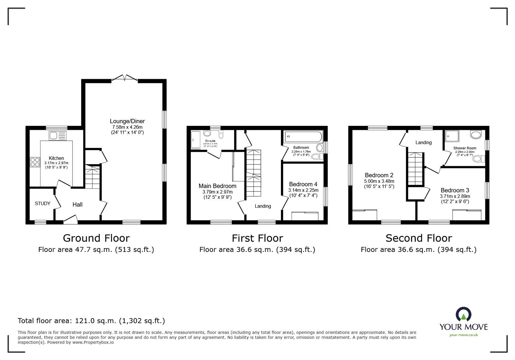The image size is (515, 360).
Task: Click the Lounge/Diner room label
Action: point(127,121)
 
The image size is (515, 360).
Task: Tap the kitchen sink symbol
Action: point(58,136)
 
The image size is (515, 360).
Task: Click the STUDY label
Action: point(42,204)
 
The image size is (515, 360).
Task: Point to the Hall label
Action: point(77,205)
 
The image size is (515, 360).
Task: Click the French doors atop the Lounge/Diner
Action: point(125,78)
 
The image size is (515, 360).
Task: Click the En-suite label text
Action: point(210,141)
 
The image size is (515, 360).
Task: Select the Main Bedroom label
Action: point(217,186)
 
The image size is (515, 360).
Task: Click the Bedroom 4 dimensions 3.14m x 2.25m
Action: point(303,190)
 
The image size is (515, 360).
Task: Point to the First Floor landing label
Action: point(263,206)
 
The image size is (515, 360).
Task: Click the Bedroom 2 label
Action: point(379,175)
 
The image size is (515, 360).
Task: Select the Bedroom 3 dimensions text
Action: point(455,196)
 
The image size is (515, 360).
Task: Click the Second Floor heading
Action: point(418,238)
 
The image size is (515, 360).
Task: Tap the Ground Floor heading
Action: point(96,238)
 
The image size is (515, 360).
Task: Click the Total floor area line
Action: point(91,321)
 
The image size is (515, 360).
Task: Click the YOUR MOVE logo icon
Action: point(464,315)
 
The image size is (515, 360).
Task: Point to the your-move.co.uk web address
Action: point(464,335)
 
